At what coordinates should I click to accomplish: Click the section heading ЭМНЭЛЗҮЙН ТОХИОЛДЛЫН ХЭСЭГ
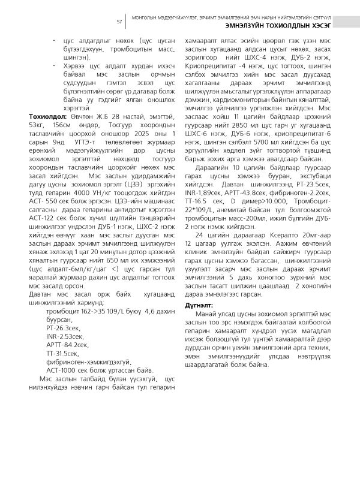click(x=280, y=26)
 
